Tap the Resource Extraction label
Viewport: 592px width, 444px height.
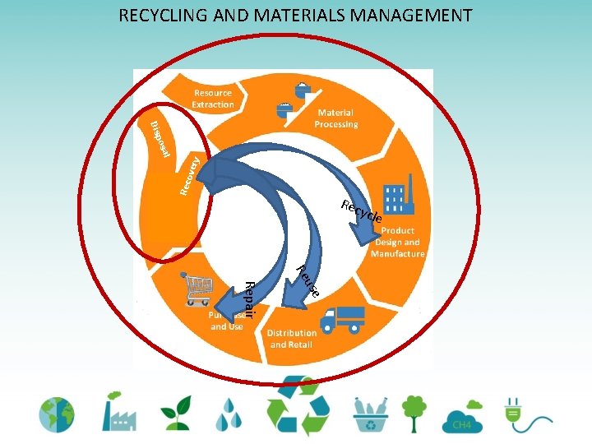tap(213, 99)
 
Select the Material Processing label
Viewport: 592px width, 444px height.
tap(335, 118)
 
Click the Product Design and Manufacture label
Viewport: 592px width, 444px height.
tap(398, 243)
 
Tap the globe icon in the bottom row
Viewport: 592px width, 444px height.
tap(55, 414)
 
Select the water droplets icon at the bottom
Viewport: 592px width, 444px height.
tap(229, 415)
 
